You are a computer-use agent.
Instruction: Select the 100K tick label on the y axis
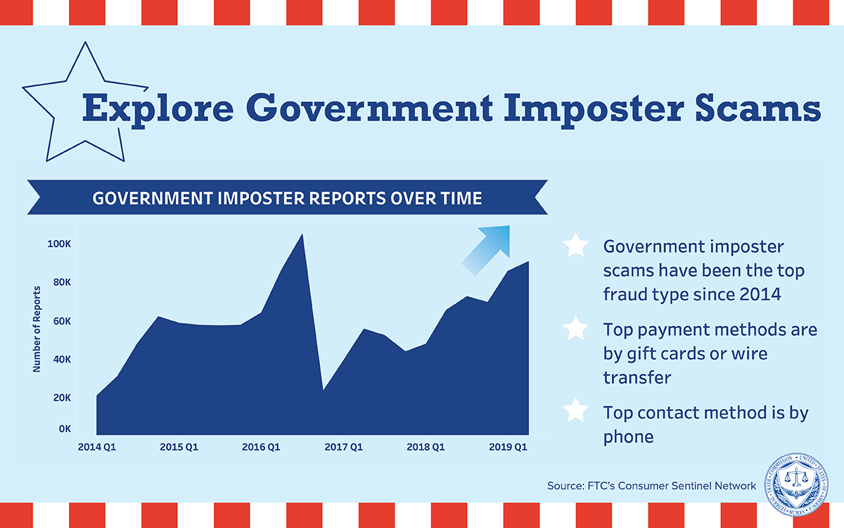[59, 244]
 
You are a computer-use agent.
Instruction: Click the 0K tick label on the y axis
[65, 429]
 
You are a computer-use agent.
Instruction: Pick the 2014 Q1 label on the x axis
[97, 447]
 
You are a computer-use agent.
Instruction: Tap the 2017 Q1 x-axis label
[343, 447]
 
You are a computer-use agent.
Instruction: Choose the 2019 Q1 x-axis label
[508, 447]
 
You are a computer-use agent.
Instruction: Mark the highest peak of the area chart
[302, 235]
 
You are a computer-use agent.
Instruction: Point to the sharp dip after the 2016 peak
[323, 389]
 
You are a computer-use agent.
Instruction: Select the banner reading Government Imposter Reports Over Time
[287, 198]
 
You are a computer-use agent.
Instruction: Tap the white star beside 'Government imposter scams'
[575, 246]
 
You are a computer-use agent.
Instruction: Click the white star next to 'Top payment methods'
[575, 328]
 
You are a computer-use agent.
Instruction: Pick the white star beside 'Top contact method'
[575, 410]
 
